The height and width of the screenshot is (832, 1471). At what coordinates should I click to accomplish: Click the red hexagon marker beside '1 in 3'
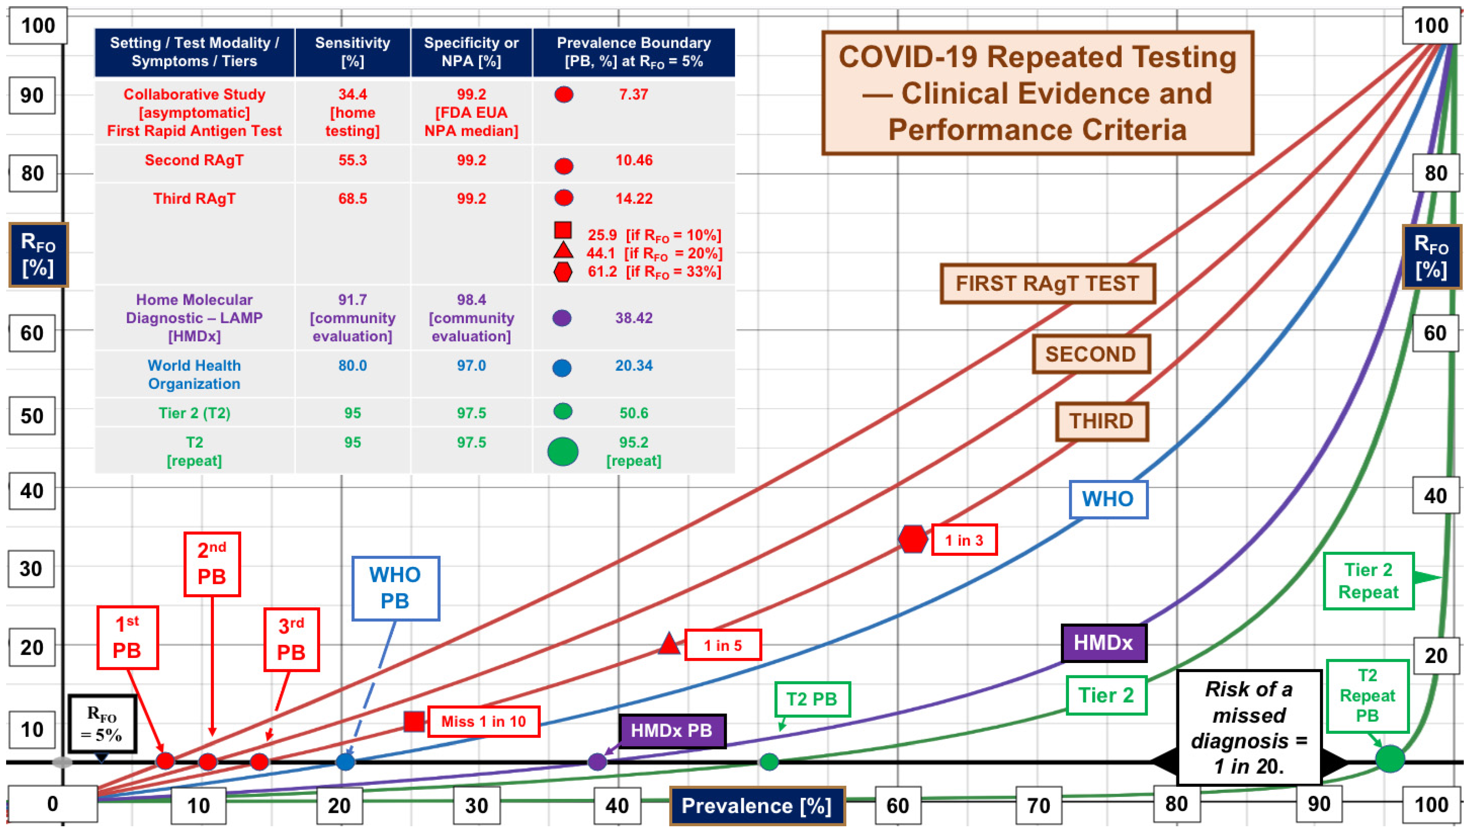click(912, 539)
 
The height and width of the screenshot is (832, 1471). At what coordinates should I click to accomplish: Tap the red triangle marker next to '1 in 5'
click(669, 644)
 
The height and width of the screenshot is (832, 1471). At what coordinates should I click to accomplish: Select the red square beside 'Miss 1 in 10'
click(414, 721)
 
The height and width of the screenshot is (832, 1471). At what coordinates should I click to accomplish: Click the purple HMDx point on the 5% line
click(597, 761)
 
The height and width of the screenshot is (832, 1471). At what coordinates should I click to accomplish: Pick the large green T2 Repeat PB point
click(1389, 759)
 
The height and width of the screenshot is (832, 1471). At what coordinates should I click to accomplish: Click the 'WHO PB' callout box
click(396, 588)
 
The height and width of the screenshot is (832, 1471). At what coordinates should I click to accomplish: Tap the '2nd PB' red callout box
click(212, 564)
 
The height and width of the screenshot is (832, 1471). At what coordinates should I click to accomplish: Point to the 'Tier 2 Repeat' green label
click(1368, 581)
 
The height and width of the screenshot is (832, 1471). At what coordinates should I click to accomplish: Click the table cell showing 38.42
click(633, 318)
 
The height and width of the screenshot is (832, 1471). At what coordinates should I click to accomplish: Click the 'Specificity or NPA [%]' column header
click(471, 52)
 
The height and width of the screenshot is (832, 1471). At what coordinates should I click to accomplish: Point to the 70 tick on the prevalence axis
click(1038, 806)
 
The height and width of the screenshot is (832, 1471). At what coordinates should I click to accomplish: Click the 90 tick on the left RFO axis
click(32, 95)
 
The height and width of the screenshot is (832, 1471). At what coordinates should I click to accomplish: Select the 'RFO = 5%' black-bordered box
click(102, 723)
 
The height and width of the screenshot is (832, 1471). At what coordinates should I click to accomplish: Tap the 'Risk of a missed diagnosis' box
click(1249, 727)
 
